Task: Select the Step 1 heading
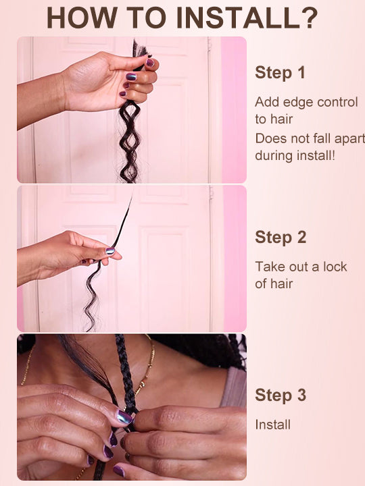tap(280, 73)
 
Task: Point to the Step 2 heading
tap(281, 238)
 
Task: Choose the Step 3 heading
tap(281, 395)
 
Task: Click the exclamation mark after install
tap(333, 155)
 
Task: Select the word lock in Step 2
tap(335, 267)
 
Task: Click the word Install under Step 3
tap(273, 425)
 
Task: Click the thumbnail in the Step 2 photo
tap(110, 251)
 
